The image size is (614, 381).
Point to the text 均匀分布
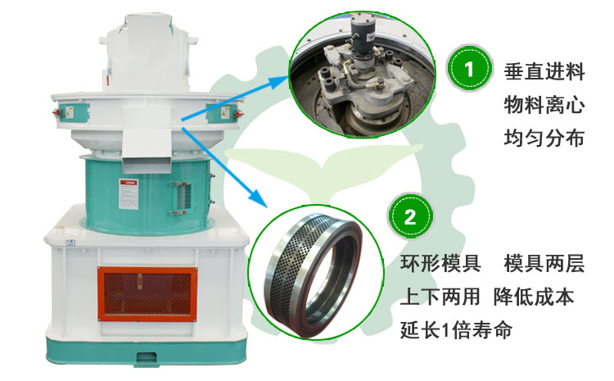pos(545,138)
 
